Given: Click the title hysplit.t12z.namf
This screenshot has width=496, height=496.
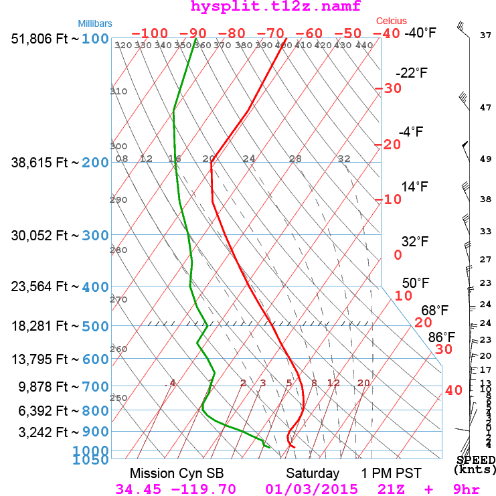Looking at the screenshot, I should [x=266, y=7].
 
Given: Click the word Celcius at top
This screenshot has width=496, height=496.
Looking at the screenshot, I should [x=391, y=21].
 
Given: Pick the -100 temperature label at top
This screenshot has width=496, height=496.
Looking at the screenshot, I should [x=149, y=33].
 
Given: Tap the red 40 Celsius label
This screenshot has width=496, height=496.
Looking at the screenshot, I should [x=453, y=390].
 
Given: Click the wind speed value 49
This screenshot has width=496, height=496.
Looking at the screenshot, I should [x=486, y=159].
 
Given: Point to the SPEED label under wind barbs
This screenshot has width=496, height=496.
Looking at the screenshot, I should [x=476, y=460].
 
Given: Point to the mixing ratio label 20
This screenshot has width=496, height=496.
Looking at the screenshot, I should [x=363, y=383].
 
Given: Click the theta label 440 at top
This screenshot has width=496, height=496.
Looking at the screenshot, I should [x=364, y=46].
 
